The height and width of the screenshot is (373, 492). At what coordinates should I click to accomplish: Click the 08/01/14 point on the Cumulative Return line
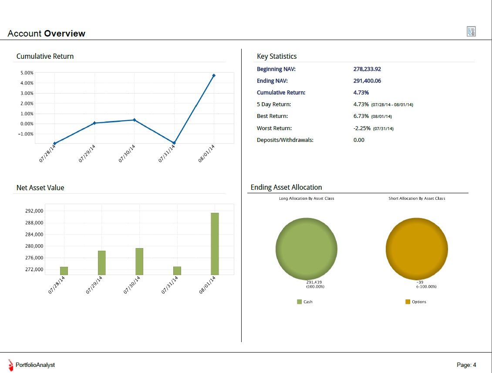coord(214,76)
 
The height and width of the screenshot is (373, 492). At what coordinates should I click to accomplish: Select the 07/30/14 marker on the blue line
coord(134,120)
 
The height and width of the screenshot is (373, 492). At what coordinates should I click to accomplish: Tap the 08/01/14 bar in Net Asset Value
coord(215,244)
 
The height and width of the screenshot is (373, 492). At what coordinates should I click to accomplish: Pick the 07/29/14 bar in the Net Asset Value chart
coord(101,263)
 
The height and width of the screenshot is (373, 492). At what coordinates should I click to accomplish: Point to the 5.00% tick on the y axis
coord(27,73)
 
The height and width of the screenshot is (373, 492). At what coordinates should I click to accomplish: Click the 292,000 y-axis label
coord(34,211)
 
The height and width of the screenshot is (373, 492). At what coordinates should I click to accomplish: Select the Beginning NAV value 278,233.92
coord(367,69)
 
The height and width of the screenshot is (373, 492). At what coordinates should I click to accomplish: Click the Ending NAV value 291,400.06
coord(367,81)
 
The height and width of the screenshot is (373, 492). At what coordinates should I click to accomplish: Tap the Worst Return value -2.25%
coord(362,128)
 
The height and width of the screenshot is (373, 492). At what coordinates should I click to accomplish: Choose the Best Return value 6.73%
coord(361,116)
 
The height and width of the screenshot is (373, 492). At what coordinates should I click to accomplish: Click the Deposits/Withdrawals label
coord(285,140)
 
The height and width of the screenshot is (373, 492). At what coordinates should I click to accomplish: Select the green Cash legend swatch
coord(300,302)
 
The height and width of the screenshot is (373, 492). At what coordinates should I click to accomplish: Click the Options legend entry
coord(416,302)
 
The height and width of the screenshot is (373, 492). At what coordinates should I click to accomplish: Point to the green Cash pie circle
coord(306,249)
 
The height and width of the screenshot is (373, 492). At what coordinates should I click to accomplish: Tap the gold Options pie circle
coord(417,249)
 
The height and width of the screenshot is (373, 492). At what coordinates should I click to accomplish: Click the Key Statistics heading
coord(276,56)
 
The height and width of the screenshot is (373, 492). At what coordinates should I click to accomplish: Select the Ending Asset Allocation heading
coord(286,187)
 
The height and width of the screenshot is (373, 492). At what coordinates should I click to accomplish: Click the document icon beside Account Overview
coord(471,31)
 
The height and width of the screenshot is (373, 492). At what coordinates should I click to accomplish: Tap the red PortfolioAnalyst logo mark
coord(11,365)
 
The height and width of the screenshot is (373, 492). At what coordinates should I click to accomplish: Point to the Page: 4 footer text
coord(466,365)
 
